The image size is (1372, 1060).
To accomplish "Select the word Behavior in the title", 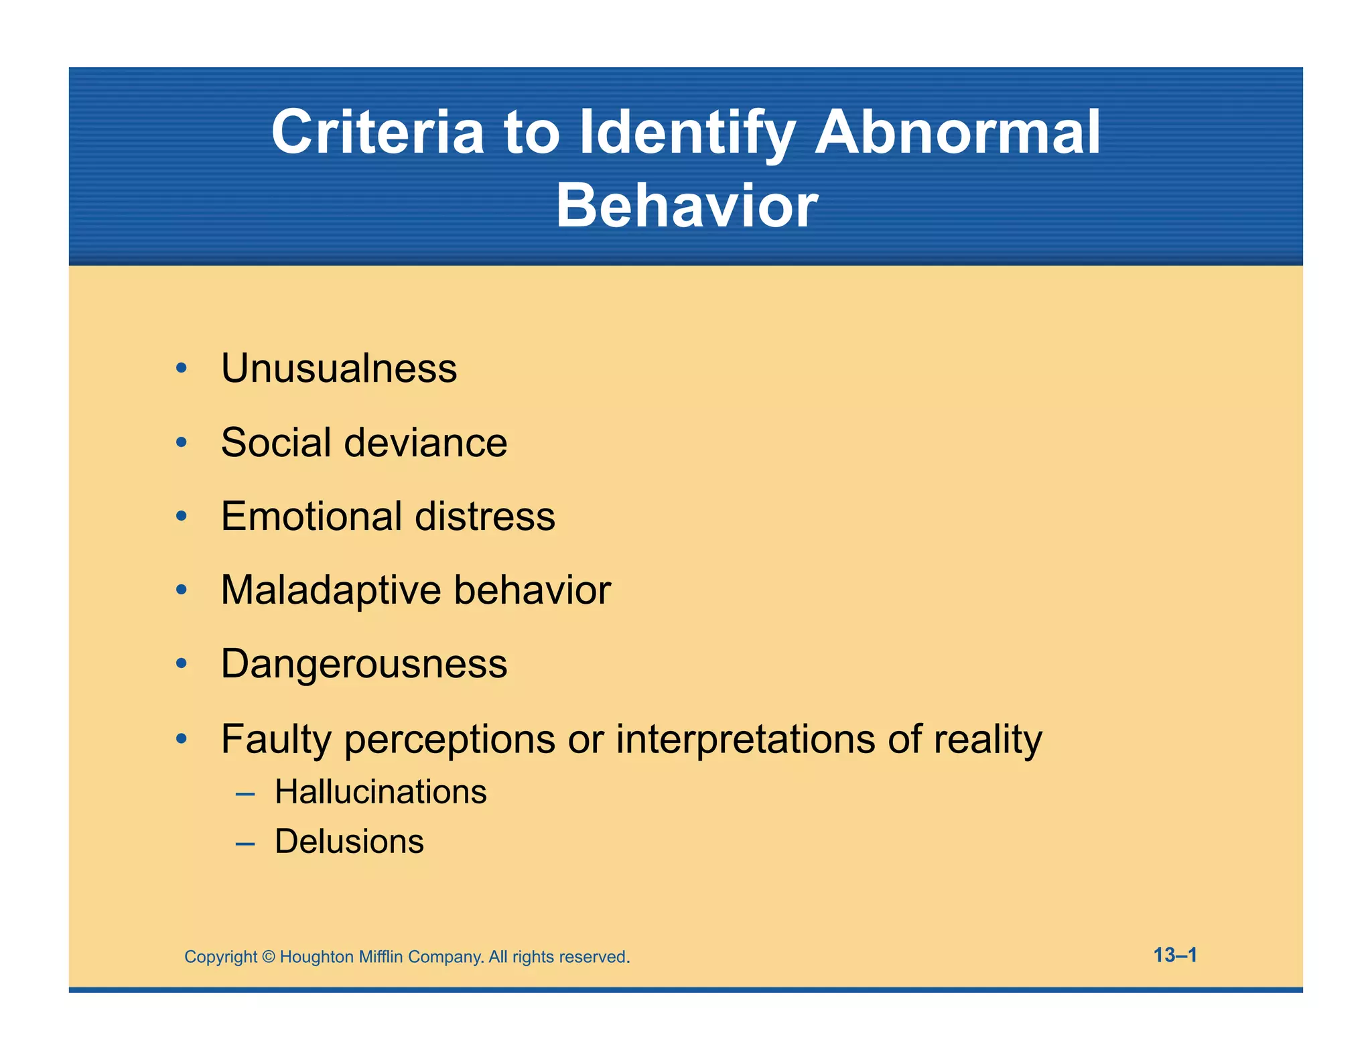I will pyautogui.click(x=687, y=206).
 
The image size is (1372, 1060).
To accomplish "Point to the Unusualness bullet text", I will pyautogui.click(x=339, y=369).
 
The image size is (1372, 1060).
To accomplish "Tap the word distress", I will pyautogui.click(x=485, y=517).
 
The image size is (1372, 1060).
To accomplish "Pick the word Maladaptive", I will pyautogui.click(x=331, y=590).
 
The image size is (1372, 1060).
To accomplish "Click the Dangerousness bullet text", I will pyautogui.click(x=364, y=664).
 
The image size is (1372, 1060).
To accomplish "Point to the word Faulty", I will pyautogui.click(x=276, y=740).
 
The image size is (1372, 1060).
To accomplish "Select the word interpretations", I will pyautogui.click(x=746, y=739).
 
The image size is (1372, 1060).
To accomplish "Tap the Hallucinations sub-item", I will pyautogui.click(x=381, y=792).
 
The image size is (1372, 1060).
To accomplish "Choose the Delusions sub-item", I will pyautogui.click(x=349, y=842).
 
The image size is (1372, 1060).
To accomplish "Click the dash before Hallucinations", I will pyautogui.click(x=245, y=795).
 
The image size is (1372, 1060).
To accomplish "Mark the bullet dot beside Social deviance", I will pyautogui.click(x=181, y=443).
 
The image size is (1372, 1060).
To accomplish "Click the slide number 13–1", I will pyautogui.click(x=1175, y=955).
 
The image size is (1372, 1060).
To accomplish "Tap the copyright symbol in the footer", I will pyautogui.click(x=268, y=957).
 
